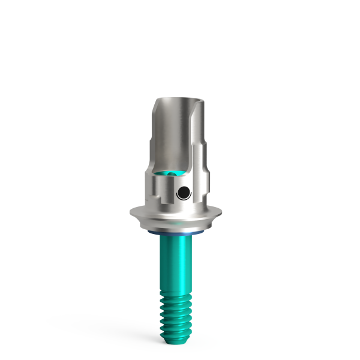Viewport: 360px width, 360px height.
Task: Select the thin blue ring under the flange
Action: [180, 230]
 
